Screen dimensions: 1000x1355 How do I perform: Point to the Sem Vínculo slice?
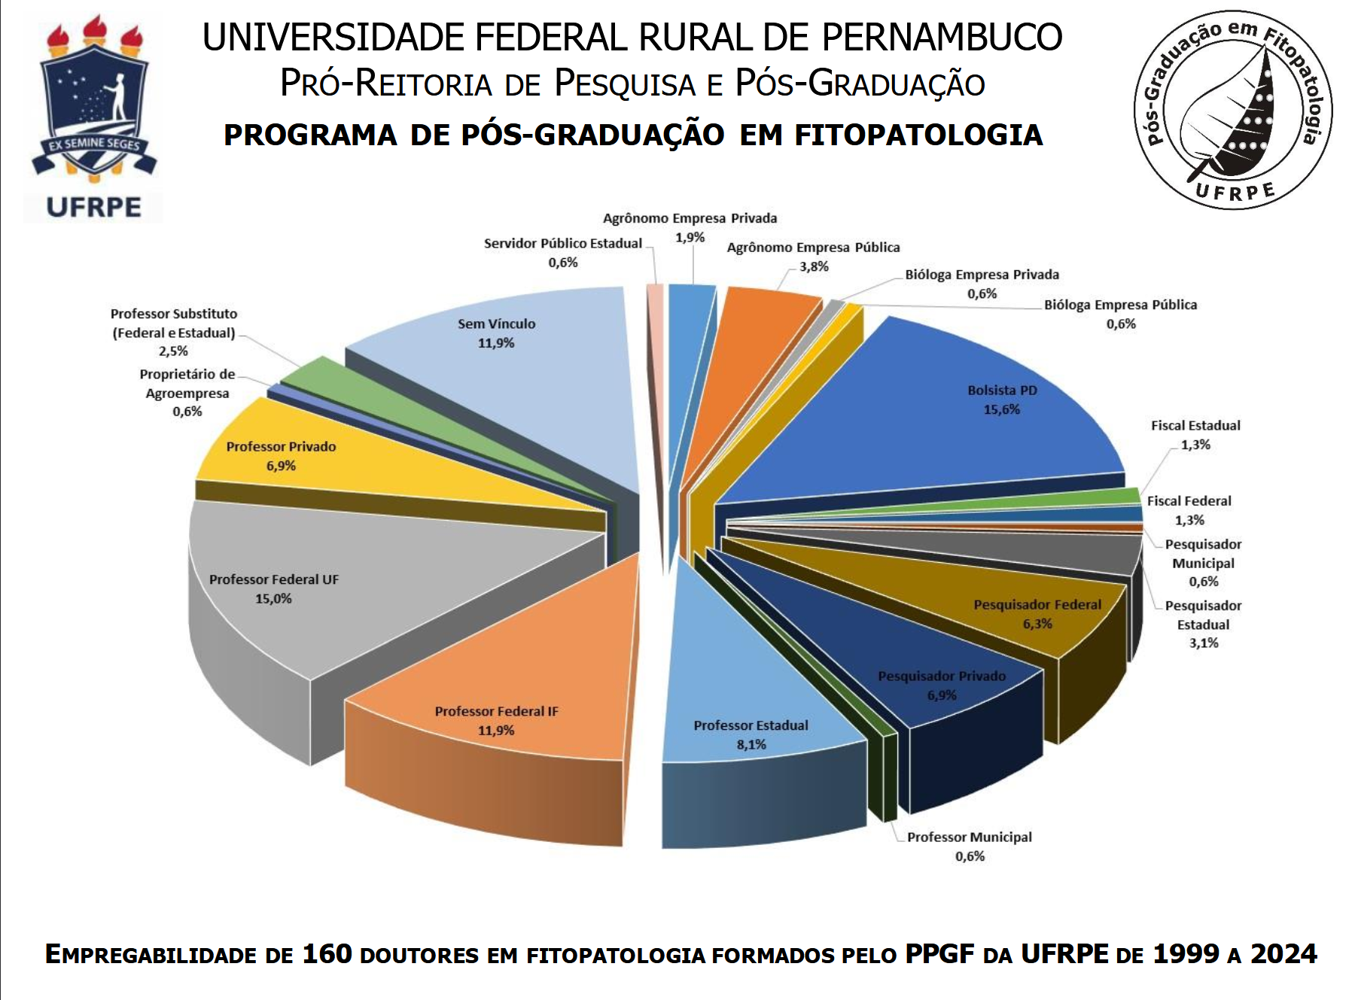pos(527,376)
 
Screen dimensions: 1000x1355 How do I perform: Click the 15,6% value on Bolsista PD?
pos(1001,410)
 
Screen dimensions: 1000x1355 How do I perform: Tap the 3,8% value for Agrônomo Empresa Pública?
pos(814,266)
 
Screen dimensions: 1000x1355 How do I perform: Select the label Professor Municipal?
pos(969,837)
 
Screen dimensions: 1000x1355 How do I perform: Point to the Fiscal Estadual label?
pos(1195,426)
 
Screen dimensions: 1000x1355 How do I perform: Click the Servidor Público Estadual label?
pos(563,244)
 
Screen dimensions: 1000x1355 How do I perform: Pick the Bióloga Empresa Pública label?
pos(1120,305)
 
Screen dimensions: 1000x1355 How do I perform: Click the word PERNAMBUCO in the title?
pos(941,38)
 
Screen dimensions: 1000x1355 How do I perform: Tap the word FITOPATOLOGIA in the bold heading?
pos(918,135)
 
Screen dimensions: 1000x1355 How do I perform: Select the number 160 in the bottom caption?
pos(327,954)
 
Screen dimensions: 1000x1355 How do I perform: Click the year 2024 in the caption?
pos(1283,954)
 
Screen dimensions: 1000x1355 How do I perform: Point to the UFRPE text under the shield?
pos(93,207)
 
